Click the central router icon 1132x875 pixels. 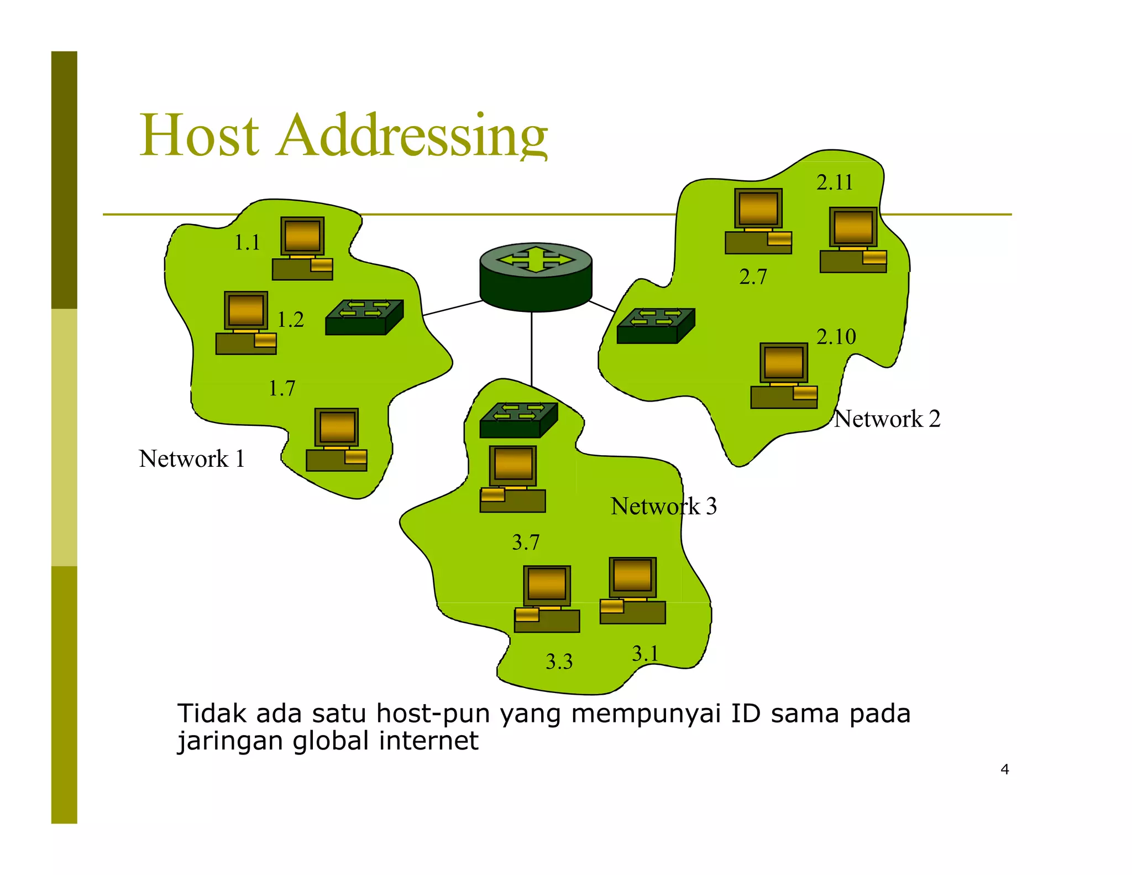click(x=536, y=276)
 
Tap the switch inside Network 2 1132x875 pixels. click(x=656, y=326)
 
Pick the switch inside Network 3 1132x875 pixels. click(x=518, y=420)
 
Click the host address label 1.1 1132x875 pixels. click(x=247, y=243)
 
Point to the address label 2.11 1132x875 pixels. click(x=835, y=183)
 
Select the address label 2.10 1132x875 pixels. click(x=836, y=337)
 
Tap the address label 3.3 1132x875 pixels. click(x=559, y=662)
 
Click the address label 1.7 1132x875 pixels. click(x=281, y=389)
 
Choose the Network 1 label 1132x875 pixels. click(x=191, y=459)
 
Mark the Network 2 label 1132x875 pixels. click(x=887, y=419)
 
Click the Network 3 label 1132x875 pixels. click(x=663, y=507)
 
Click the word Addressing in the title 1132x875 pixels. click(x=412, y=136)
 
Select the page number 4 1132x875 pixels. click(x=1004, y=769)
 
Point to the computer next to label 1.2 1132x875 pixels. click(x=246, y=323)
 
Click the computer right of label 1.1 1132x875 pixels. click(x=302, y=248)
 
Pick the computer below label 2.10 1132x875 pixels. click(x=784, y=376)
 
